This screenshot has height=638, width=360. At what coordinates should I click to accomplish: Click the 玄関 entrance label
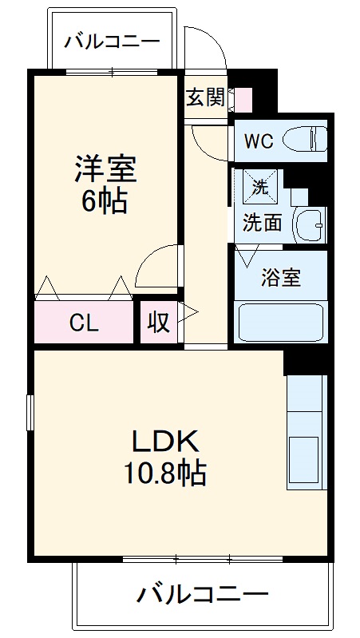coord(205,97)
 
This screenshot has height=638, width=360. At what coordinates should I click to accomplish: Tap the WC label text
coord(258,141)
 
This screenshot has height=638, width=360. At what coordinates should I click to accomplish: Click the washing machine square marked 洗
coord(261,188)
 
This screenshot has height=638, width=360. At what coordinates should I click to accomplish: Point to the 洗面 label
coord(262,224)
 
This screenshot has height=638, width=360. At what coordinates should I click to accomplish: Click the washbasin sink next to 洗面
coord(310,224)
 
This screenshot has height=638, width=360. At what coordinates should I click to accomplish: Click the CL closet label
coord(83,323)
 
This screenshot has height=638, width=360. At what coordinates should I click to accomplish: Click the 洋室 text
coord(105,170)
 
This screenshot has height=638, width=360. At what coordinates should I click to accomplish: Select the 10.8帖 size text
coord(164,474)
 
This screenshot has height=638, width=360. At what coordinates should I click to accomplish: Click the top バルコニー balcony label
coord(113,41)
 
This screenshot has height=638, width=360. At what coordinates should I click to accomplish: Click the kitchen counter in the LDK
coord(307,431)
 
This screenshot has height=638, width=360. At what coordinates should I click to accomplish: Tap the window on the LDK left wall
coord(30,415)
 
